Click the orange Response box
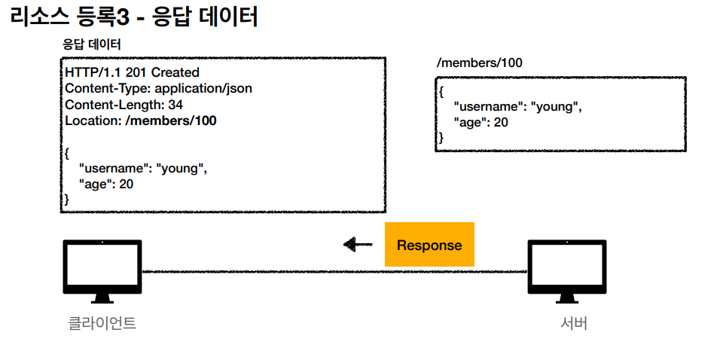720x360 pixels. click(429, 245)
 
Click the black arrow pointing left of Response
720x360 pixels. click(358, 244)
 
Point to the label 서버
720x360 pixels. click(574, 324)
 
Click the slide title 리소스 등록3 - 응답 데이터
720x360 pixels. click(135, 17)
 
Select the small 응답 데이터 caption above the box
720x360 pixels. click(91, 44)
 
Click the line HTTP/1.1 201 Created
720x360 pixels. click(132, 72)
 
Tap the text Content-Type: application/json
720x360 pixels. click(158, 88)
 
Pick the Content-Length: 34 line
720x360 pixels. click(124, 105)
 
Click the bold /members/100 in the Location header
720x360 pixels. click(171, 121)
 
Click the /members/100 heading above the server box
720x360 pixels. click(479, 63)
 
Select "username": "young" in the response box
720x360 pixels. click(142, 168)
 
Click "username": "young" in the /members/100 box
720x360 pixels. click(517, 106)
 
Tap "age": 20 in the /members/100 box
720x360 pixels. click(481, 122)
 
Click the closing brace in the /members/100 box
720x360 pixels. click(441, 138)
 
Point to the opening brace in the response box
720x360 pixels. click(68, 152)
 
